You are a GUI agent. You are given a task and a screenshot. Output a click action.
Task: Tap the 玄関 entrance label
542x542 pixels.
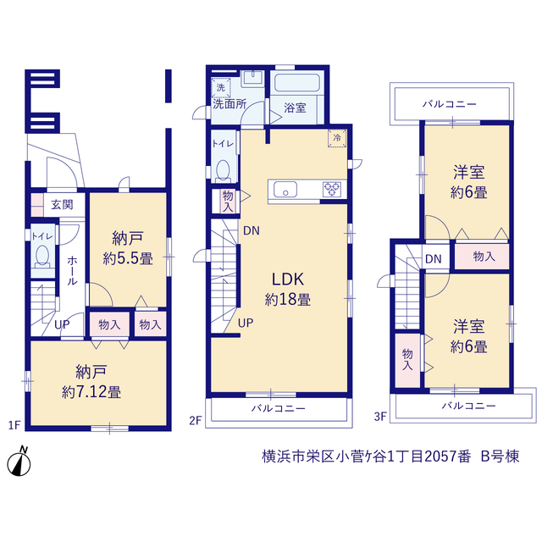[x=62, y=205]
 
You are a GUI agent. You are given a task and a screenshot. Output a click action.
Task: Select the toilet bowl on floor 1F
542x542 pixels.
[x=42, y=256]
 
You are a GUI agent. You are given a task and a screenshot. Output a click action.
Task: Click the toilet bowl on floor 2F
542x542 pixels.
[x=224, y=170]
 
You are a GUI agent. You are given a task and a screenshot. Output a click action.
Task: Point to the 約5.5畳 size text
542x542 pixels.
[x=128, y=258]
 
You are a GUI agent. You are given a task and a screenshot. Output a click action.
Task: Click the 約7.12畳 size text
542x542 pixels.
[x=91, y=392]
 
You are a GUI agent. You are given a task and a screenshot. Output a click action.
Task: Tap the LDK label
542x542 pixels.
[x=288, y=279]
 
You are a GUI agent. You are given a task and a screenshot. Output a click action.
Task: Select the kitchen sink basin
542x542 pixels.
[x=285, y=190]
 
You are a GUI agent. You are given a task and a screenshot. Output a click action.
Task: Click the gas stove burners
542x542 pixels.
[x=332, y=190]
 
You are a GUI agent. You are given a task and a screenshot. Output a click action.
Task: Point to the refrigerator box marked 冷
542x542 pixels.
[x=337, y=138]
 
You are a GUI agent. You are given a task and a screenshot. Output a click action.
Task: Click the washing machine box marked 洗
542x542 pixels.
[x=221, y=88]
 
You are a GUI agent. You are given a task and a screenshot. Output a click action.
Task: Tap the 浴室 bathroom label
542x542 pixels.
[x=295, y=108]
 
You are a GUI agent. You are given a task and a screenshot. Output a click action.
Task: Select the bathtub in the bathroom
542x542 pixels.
[x=297, y=83]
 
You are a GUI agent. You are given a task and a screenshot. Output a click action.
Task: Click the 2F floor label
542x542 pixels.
[x=196, y=420]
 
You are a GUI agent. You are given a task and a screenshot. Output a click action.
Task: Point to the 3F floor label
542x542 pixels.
[x=380, y=417]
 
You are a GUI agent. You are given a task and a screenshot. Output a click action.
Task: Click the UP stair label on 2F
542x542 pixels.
[x=246, y=323]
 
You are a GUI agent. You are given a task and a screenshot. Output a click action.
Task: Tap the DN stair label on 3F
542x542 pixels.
[x=434, y=259]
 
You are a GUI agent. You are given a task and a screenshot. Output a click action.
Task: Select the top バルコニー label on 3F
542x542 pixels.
[x=450, y=103]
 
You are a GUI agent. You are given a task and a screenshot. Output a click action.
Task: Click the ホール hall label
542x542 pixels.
[x=72, y=271]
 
